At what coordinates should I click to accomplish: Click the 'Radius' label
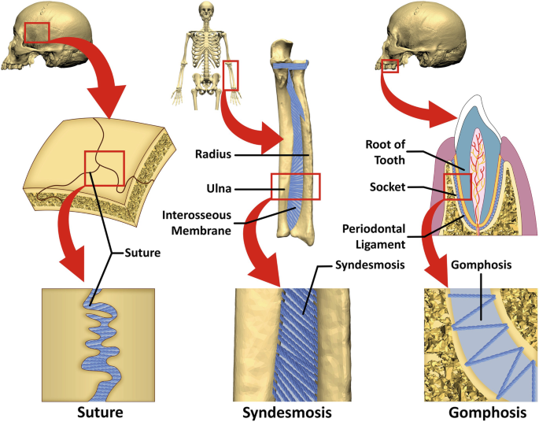point(214,155)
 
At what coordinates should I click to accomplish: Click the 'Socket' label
point(388,189)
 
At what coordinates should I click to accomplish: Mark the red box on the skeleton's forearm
point(231,76)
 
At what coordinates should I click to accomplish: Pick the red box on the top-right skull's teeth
point(389,66)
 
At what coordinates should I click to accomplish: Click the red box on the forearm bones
point(296,186)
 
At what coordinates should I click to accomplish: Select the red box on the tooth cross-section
point(459,187)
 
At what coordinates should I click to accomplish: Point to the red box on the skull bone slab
point(104,167)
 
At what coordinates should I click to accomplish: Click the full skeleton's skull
point(206,11)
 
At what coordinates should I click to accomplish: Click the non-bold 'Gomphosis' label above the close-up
point(477,265)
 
